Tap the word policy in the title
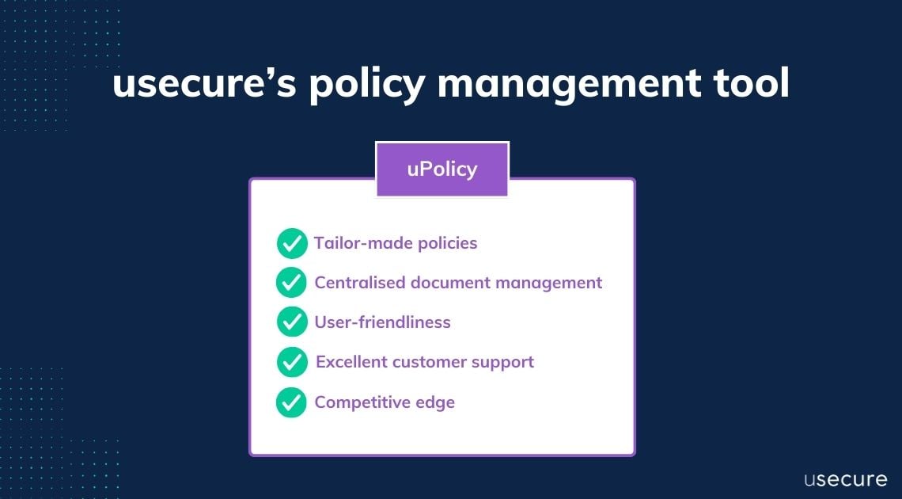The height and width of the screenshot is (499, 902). click(364, 85)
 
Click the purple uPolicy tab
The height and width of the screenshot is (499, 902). click(442, 170)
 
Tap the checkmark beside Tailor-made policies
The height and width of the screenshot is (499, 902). click(292, 243)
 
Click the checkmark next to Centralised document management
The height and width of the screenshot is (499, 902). click(292, 282)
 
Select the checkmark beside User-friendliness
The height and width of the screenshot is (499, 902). click(292, 322)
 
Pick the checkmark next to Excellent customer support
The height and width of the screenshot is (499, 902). click(292, 362)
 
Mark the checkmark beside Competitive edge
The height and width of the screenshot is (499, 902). click(292, 402)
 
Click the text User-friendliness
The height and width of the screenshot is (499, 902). click(382, 322)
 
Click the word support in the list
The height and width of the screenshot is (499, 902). click(502, 362)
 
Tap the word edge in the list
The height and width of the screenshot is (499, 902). click(435, 402)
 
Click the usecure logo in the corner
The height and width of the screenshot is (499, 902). click(845, 479)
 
